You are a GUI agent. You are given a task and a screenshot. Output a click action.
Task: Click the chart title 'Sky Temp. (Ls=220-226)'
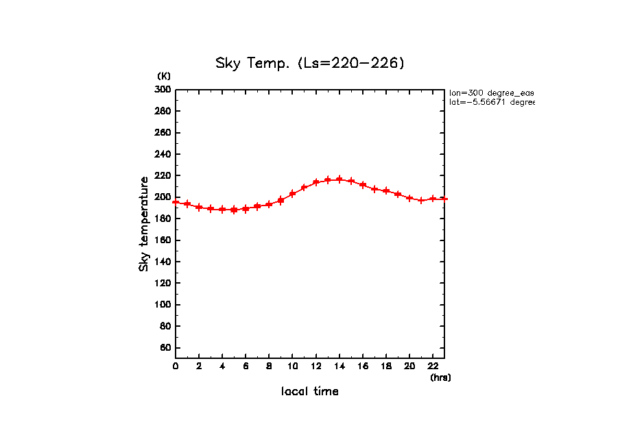(x=310, y=64)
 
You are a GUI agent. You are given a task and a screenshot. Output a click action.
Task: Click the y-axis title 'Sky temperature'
(x=144, y=224)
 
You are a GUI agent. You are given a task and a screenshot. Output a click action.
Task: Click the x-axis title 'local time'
(x=310, y=392)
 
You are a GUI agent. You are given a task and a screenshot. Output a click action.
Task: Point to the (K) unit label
(x=164, y=76)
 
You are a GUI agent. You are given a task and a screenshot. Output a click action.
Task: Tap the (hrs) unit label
(x=440, y=377)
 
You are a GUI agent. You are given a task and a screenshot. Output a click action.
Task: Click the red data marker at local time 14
(x=339, y=179)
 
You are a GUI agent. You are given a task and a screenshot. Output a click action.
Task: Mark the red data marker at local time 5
(x=234, y=210)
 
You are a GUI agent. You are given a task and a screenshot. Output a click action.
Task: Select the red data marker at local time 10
(x=293, y=194)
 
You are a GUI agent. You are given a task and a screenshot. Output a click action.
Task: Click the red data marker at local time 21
(x=422, y=200)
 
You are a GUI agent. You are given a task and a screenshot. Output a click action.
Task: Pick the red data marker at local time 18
(x=386, y=190)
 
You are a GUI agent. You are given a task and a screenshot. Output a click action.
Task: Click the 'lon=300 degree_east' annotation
(x=491, y=92)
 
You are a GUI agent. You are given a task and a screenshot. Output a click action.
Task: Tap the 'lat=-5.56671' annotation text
(x=491, y=102)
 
